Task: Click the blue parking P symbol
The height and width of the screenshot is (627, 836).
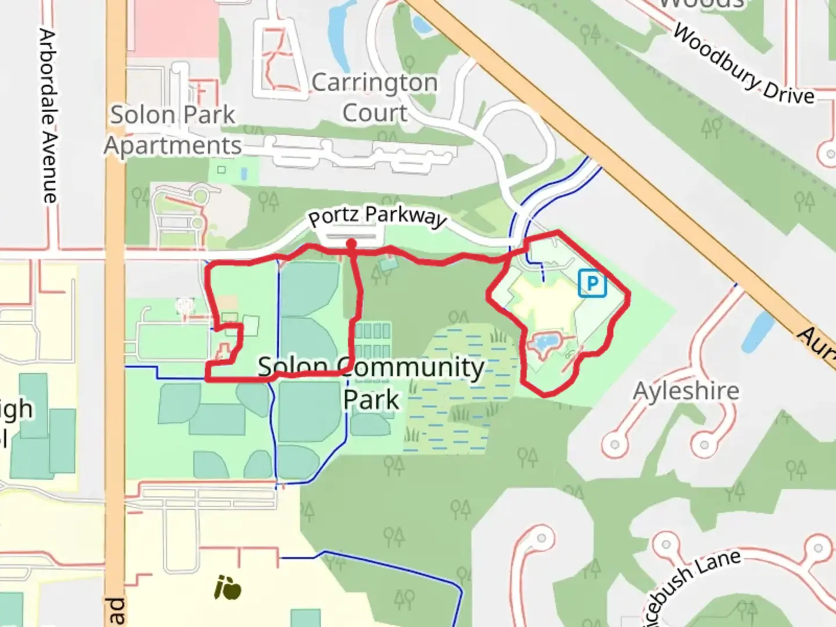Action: [592, 283]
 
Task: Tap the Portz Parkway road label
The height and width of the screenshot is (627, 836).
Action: [377, 217]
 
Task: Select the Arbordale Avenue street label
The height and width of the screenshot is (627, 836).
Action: [49, 116]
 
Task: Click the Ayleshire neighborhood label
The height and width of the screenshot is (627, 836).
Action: [686, 391]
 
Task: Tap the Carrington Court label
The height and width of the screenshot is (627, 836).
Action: [375, 98]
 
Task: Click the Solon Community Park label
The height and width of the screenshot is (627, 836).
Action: [371, 383]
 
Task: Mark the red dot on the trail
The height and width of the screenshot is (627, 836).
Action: [351, 244]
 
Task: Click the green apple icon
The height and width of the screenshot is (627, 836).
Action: [228, 588]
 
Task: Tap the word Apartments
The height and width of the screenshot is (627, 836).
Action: [173, 146]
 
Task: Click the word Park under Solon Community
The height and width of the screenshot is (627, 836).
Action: [371, 400]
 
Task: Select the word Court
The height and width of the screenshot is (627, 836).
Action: [375, 113]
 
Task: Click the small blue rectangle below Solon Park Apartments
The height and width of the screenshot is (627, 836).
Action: [243, 173]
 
